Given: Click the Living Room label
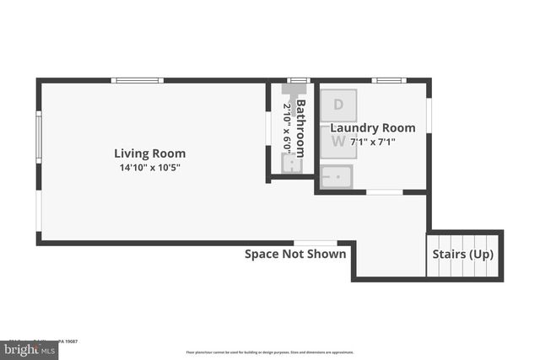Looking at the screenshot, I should click(150, 153).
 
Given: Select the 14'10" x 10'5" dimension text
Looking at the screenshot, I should click(150, 168).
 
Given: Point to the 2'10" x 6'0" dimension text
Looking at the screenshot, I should click(286, 126).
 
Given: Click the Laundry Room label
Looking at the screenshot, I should click(372, 128).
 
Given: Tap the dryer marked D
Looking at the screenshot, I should click(338, 105).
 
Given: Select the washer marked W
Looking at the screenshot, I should click(338, 142).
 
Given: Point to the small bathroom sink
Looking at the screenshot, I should click(291, 164).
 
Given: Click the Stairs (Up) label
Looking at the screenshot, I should click(463, 255).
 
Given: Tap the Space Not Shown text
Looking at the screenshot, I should click(295, 254).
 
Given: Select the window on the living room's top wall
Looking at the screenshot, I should click(137, 81).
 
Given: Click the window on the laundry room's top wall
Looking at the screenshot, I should click(389, 81).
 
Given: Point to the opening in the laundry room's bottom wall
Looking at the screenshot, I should click(384, 192).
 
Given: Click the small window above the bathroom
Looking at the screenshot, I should click(298, 80).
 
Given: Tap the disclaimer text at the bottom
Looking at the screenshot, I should click(270, 352).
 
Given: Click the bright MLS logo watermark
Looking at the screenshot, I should click(29, 348).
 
